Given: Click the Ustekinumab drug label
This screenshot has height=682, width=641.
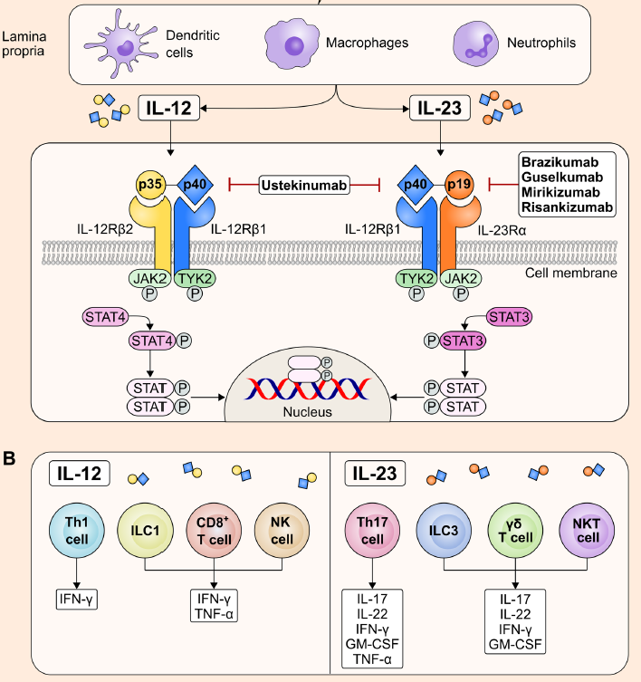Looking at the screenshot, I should (x=305, y=185).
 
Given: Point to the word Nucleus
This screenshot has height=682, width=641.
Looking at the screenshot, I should (x=307, y=412).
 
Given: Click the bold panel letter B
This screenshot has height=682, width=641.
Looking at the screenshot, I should (x=10, y=459).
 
